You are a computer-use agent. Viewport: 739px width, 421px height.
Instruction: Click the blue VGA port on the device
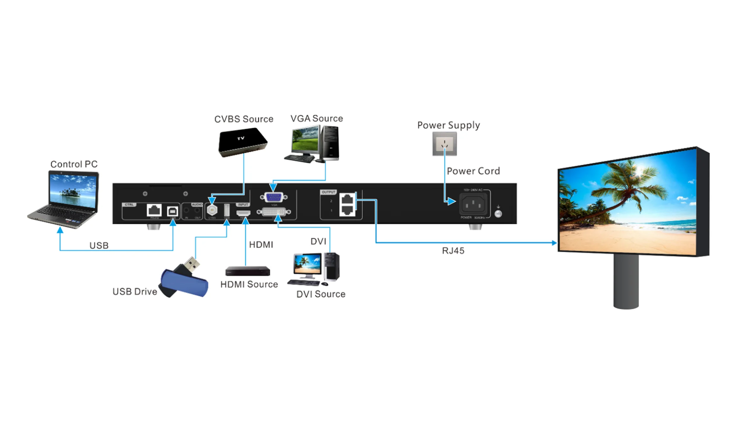(273, 197)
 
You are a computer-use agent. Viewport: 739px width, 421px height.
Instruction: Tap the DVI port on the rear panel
(273, 212)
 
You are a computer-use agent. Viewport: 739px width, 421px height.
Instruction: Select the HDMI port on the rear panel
(243, 213)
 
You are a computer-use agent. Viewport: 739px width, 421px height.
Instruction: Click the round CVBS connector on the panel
(212, 210)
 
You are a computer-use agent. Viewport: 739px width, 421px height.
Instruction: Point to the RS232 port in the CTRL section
(154, 210)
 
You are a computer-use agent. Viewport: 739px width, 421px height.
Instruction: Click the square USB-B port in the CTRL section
(173, 211)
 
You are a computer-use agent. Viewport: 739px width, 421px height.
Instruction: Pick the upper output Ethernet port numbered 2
(347, 200)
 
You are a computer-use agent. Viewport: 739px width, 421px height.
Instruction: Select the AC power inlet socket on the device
(473, 204)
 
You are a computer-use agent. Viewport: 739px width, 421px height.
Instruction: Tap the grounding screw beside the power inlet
(498, 214)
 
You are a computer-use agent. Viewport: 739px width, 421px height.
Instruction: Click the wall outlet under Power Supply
(444, 144)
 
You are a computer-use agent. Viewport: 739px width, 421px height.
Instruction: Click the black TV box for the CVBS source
(243, 142)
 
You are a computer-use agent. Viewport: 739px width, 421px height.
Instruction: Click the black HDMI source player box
(247, 271)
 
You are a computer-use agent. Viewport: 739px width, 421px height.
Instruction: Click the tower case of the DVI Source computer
(332, 266)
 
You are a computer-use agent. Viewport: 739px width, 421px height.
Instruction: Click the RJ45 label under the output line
(453, 251)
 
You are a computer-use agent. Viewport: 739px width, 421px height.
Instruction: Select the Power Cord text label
(473, 171)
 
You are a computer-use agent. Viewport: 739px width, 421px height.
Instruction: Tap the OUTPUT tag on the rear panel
(328, 192)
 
